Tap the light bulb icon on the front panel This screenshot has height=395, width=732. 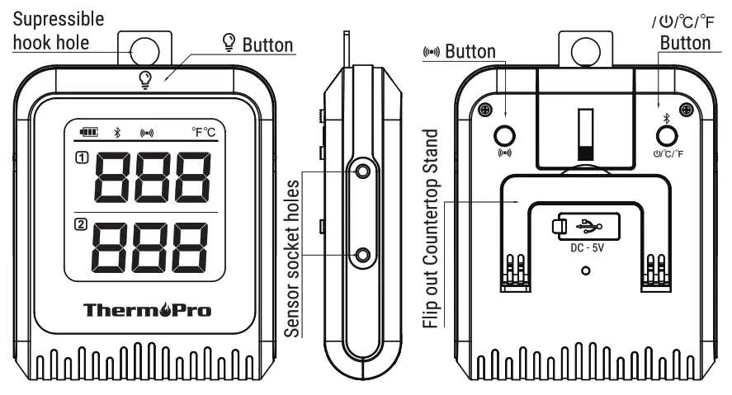pos(145,79)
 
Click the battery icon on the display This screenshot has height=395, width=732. pos(87,131)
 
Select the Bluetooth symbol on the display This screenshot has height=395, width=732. pos(117,132)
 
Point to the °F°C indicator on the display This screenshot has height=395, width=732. pos(203,131)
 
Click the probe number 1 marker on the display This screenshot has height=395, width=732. pos(79,157)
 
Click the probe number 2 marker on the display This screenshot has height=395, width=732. pos(79,224)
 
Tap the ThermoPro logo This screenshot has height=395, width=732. pos(147,311)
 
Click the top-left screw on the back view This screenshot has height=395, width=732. pos(487,110)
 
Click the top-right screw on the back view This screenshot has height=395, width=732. pos(683,110)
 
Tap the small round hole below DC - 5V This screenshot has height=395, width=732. pos(585,270)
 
